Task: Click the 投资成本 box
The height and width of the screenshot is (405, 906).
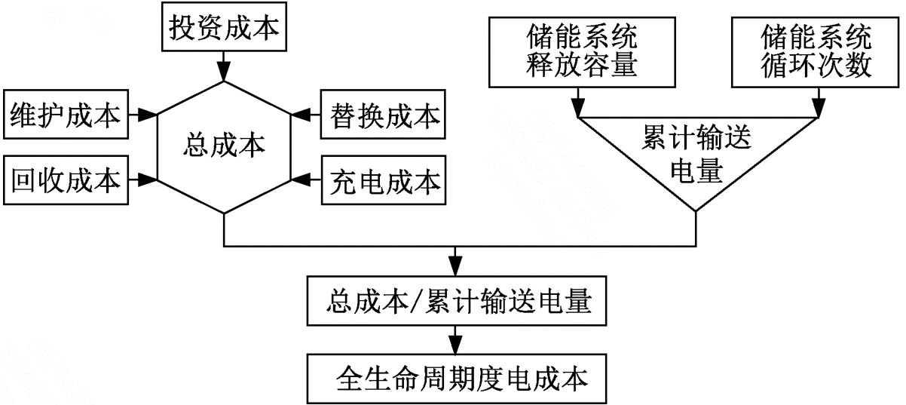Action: click(224, 29)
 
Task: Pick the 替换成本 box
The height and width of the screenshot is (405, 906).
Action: click(382, 115)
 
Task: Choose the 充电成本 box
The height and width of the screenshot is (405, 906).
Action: click(382, 179)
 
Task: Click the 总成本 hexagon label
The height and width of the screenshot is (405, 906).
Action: click(224, 146)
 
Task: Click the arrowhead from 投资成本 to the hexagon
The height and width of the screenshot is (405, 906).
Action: click(224, 73)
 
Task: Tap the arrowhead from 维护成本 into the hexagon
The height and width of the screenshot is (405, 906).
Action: click(149, 115)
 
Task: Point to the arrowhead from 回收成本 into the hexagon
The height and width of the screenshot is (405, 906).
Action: click(149, 179)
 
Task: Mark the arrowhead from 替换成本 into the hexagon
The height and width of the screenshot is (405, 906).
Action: click(298, 115)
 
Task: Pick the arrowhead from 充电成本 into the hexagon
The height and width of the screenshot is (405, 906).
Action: click(298, 179)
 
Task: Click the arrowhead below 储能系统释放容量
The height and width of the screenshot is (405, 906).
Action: click(579, 111)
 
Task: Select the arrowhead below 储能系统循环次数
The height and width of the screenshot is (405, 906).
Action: click(817, 111)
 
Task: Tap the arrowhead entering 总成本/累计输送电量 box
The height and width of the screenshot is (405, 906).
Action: click(455, 270)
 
